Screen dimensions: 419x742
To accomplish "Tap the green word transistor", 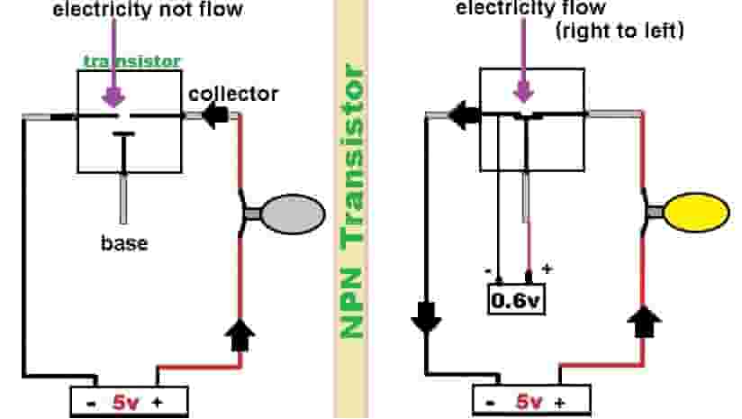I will [131, 61].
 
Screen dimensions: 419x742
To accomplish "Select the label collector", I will [233, 94].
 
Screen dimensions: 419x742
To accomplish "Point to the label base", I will [124, 243].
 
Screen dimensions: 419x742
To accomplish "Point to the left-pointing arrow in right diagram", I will [462, 114].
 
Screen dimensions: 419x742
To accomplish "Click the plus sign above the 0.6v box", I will [547, 269].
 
